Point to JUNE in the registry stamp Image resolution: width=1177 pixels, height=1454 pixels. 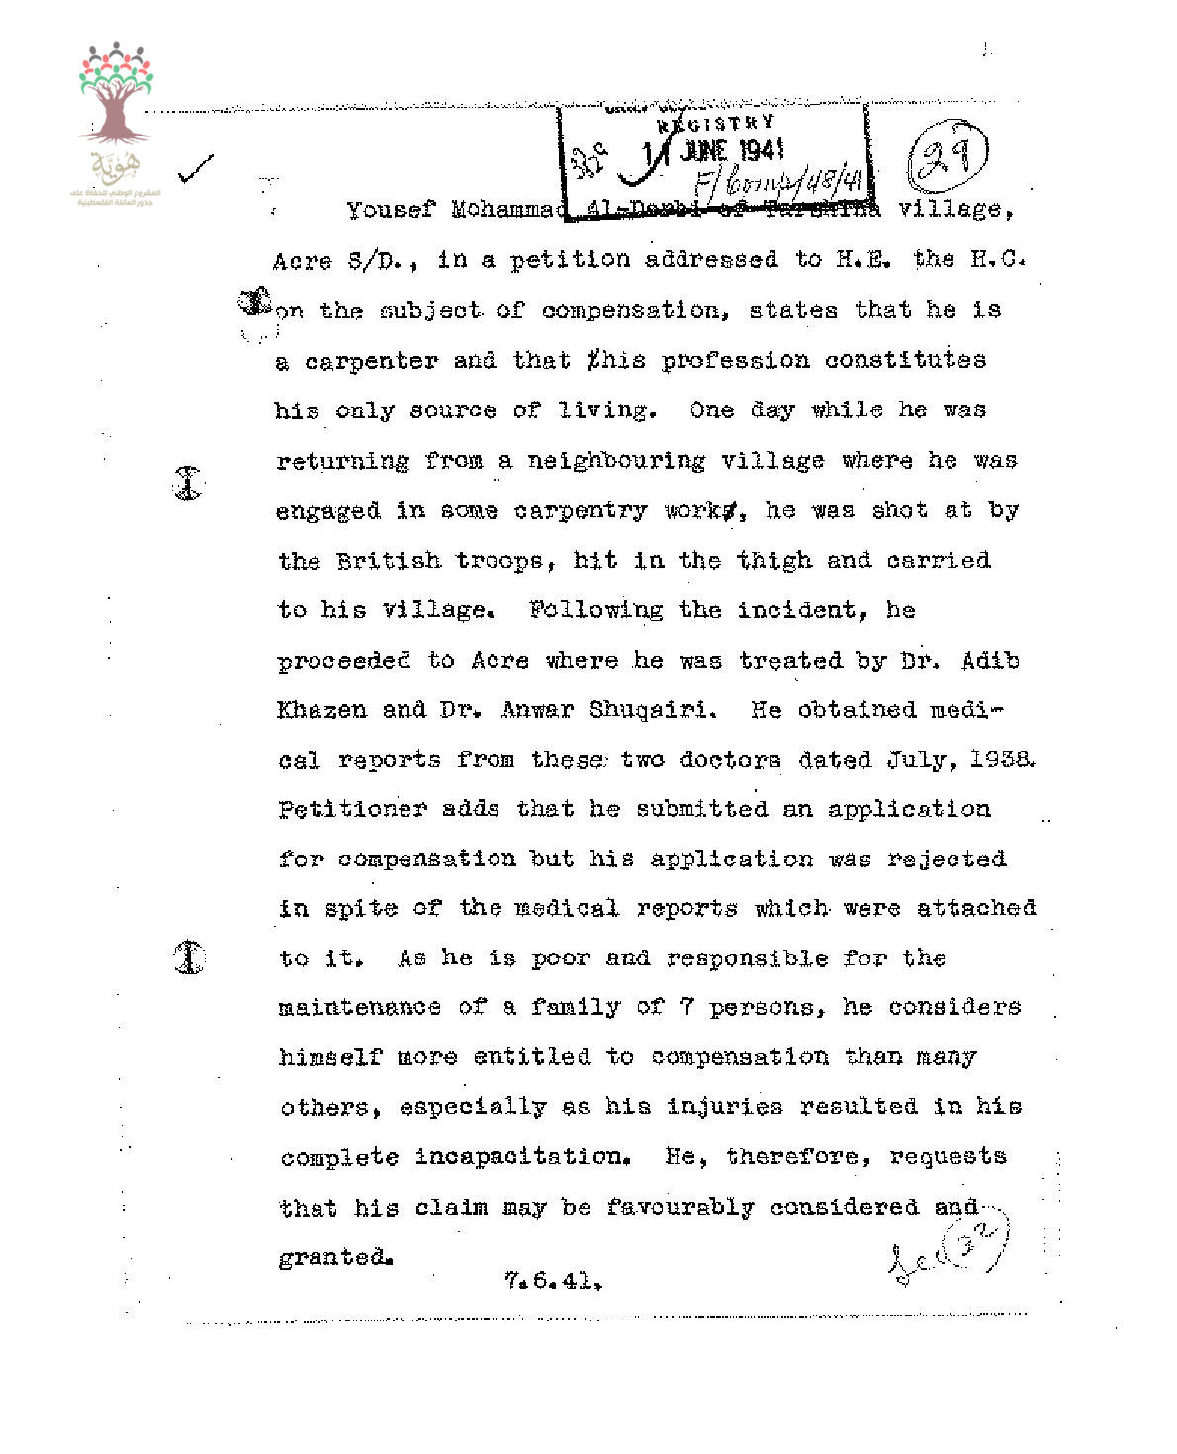pos(704,151)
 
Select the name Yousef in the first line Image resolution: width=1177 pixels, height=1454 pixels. pos(391,210)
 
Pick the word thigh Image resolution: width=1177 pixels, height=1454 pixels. pos(772,561)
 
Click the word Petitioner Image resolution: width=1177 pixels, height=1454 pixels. pos(352,809)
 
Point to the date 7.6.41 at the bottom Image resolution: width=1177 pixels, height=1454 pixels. pos(552,1281)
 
